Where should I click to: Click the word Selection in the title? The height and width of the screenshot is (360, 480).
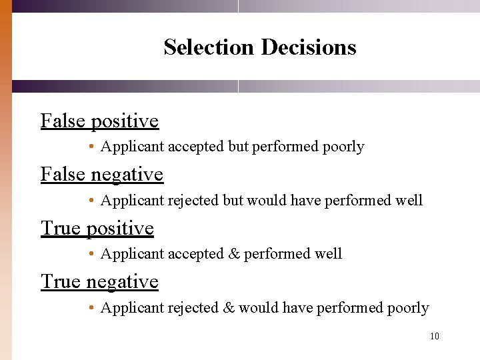[x=209, y=47]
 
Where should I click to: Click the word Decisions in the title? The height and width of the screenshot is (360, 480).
[x=309, y=47]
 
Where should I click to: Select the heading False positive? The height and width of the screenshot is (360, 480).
[x=100, y=121]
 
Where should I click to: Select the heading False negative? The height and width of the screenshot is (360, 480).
[x=102, y=174]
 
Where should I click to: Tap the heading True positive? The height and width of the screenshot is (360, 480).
[x=97, y=228]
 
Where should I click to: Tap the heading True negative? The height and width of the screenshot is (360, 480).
[x=100, y=281]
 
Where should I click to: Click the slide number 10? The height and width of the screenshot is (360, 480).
[x=435, y=336]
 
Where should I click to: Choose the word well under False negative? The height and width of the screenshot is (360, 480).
[x=410, y=200]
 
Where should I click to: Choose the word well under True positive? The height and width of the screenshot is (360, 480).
[x=329, y=254]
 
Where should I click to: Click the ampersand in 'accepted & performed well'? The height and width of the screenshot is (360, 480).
[x=233, y=254]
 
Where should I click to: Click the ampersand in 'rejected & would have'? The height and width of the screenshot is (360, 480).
[x=229, y=308]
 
